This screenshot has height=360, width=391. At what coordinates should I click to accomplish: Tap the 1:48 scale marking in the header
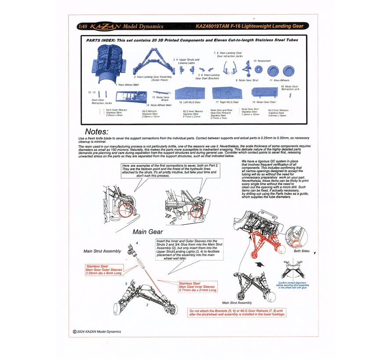[x=82, y=26]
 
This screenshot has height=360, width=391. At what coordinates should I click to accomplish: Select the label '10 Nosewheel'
[x=261, y=61]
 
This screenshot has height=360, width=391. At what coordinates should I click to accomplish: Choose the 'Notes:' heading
[x=96, y=131]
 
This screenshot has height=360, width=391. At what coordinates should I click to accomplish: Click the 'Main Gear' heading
[x=147, y=232]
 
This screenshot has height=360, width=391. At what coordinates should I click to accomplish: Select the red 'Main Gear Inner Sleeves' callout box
[x=197, y=287]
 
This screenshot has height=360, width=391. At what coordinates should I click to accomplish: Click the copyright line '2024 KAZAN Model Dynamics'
[x=98, y=331]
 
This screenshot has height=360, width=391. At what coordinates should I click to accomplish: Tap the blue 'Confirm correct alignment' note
[x=295, y=285]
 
